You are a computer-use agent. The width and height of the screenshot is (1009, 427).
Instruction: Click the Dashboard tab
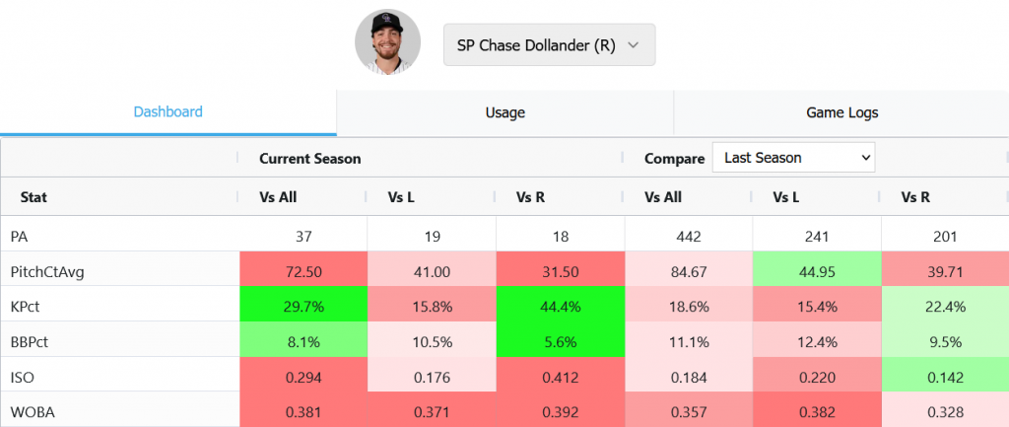click(x=168, y=112)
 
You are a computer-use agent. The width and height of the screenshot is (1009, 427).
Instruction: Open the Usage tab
click(x=504, y=112)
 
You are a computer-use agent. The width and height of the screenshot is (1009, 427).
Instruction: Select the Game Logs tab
click(x=841, y=112)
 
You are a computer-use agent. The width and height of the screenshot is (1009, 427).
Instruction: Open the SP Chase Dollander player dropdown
click(x=549, y=45)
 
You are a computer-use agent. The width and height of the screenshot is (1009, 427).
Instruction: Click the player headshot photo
click(x=387, y=42)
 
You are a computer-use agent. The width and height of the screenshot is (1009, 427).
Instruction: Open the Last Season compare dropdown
click(x=793, y=158)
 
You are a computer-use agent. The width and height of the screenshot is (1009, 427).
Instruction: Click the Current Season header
click(x=309, y=158)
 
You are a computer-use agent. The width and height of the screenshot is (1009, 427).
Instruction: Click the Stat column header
click(x=34, y=197)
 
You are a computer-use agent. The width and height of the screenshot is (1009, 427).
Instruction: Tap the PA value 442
click(x=688, y=237)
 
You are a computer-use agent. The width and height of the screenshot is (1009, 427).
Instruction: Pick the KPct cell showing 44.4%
click(x=560, y=307)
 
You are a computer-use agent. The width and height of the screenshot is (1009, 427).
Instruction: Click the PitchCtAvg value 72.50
click(x=303, y=271)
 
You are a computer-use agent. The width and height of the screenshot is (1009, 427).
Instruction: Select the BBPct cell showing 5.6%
click(x=560, y=341)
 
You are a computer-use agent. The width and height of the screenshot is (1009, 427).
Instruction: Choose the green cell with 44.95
click(x=816, y=271)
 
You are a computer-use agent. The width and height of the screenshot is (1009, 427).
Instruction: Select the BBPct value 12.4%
click(x=816, y=341)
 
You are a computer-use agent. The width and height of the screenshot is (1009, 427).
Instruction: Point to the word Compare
click(x=674, y=158)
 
